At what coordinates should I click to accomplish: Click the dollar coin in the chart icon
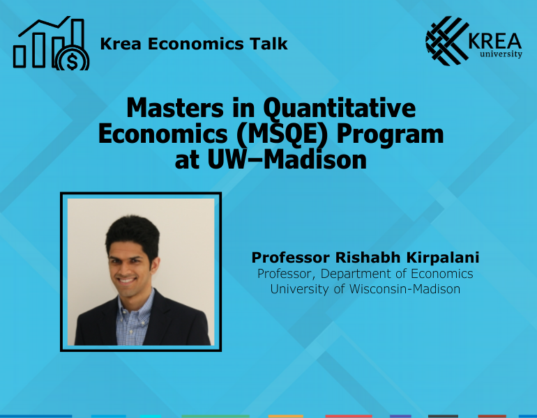[x=72, y=59]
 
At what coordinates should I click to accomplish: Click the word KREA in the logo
[x=495, y=38]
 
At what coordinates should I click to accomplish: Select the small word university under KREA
[x=500, y=54]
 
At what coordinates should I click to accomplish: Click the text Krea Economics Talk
[x=194, y=44]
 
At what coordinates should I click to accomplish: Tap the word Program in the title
[x=391, y=134]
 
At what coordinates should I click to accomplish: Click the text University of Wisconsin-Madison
[x=365, y=288]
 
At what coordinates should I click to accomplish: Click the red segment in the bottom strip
[x=348, y=416]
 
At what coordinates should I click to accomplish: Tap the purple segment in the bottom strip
[x=400, y=416]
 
